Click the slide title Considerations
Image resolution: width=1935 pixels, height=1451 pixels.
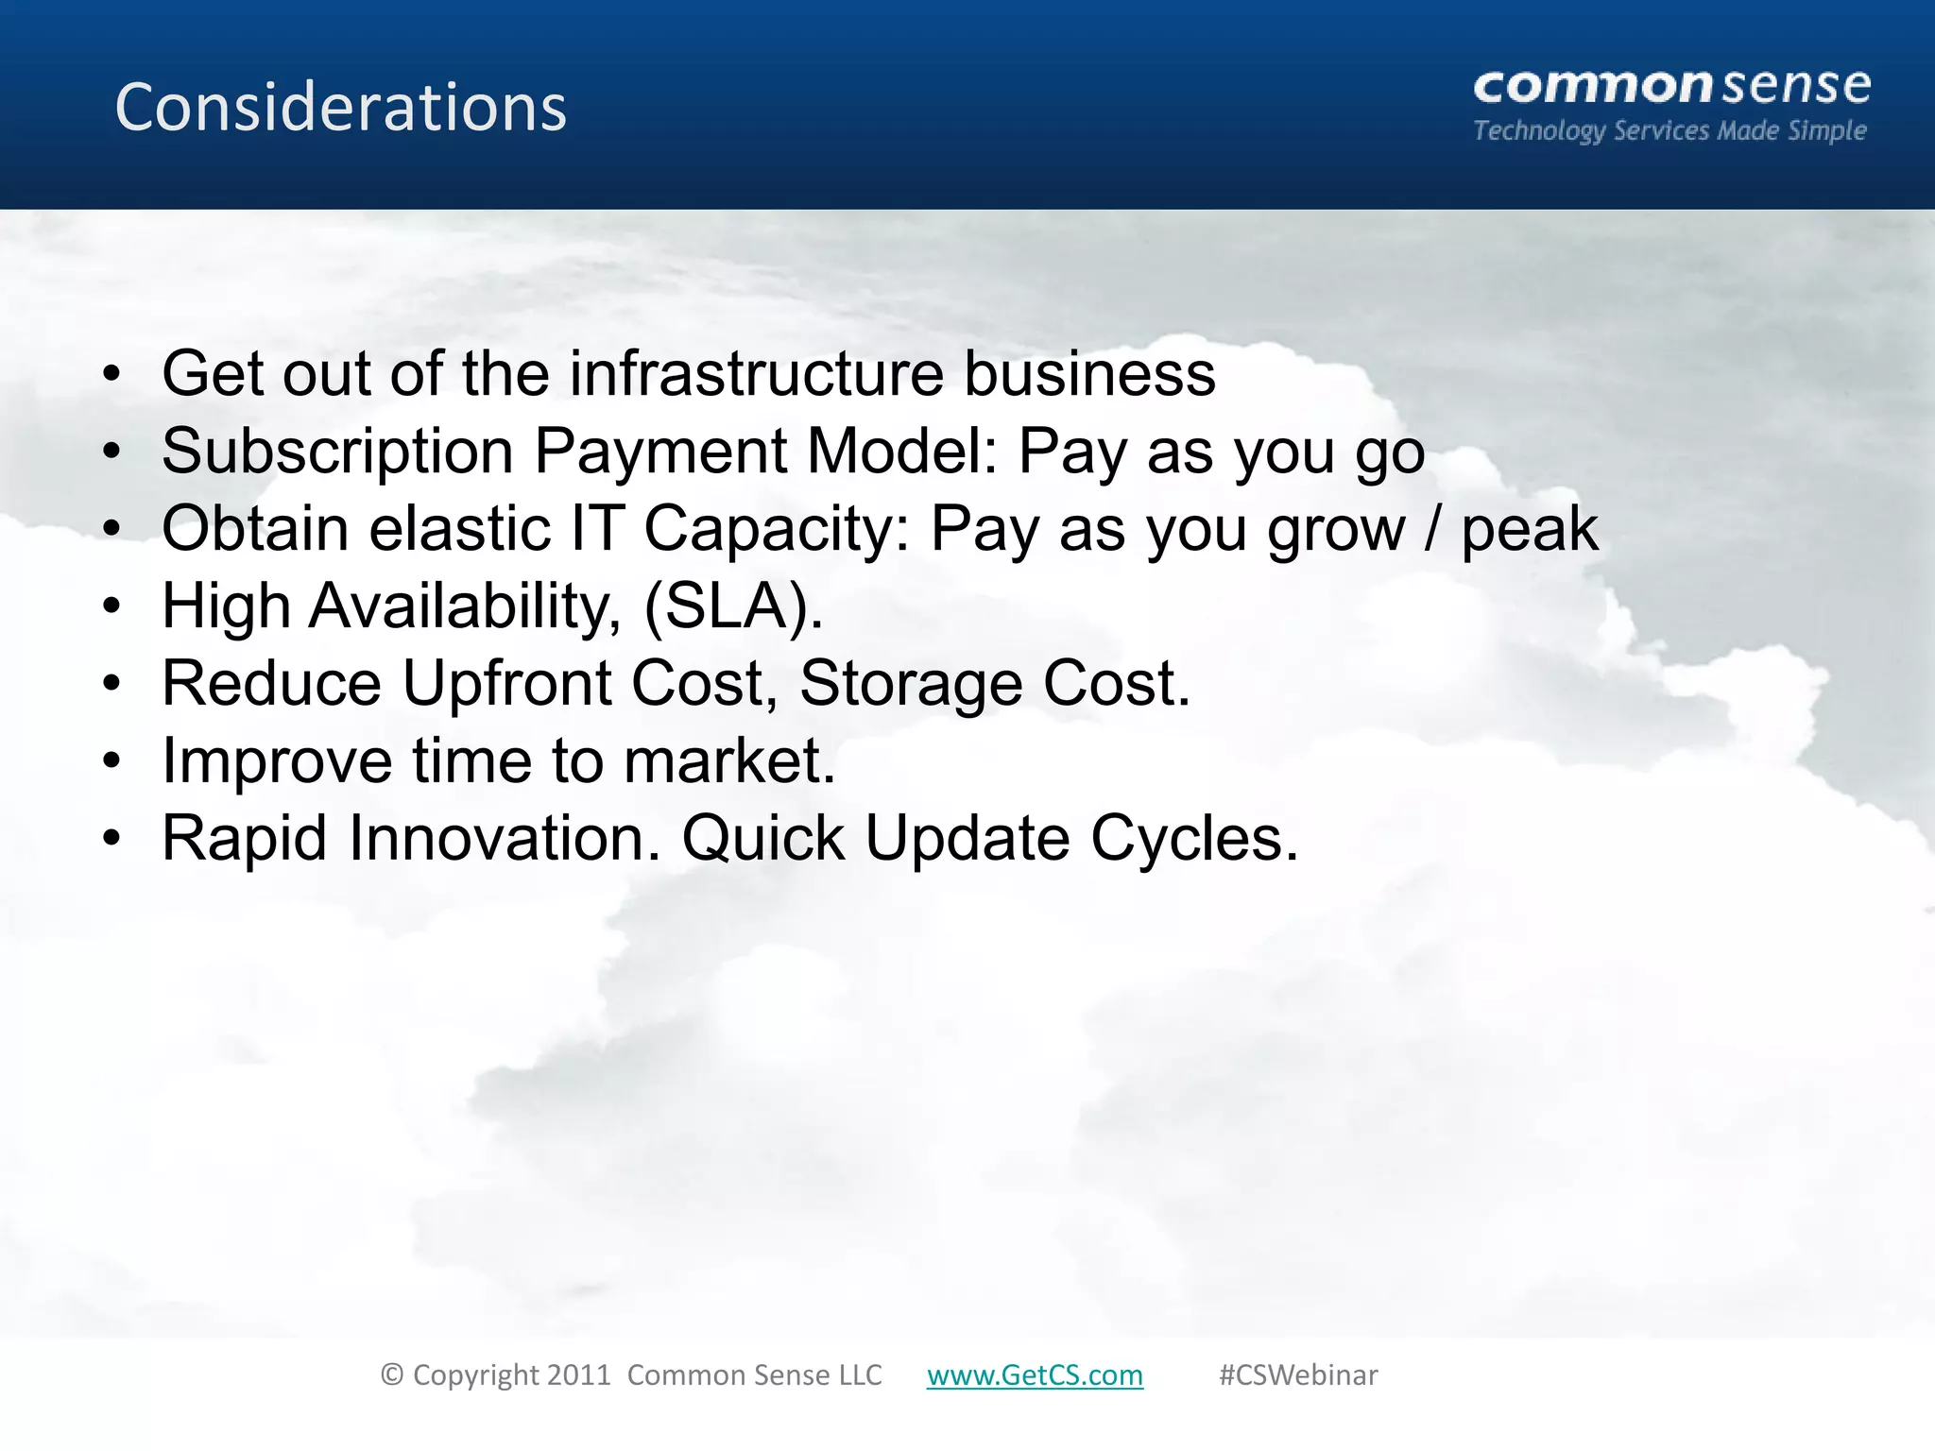pyautogui.click(x=340, y=107)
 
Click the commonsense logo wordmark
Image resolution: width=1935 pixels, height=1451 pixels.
pyautogui.click(x=1671, y=87)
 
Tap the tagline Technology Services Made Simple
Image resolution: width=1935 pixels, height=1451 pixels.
pyautogui.click(x=1670, y=130)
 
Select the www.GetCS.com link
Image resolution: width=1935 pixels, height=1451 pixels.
pyautogui.click(x=1035, y=1374)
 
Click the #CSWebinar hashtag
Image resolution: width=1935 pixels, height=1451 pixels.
pyautogui.click(x=1297, y=1374)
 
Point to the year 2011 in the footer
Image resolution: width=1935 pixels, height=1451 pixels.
pyautogui.click(x=579, y=1374)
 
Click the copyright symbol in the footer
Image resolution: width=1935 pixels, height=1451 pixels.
pyautogui.click(x=392, y=1374)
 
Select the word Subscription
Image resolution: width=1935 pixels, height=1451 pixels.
pyautogui.click(x=337, y=452)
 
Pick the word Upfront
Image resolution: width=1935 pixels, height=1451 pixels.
pyautogui.click(x=506, y=683)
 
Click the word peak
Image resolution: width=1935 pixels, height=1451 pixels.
pyautogui.click(x=1529, y=530)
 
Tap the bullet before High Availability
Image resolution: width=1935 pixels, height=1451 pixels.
pyautogui.click(x=112, y=606)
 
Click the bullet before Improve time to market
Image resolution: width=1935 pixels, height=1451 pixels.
pyautogui.click(x=112, y=760)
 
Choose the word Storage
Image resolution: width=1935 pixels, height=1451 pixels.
pyautogui.click(x=911, y=683)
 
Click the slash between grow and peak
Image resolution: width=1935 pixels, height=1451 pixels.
pyautogui.click(x=1432, y=528)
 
